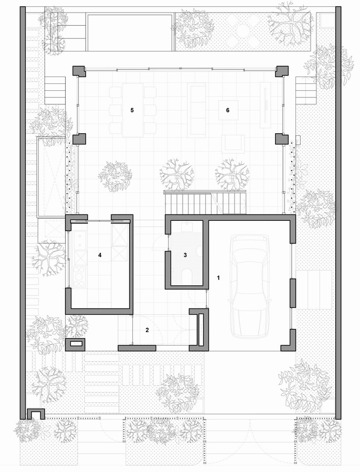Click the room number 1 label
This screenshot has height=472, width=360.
point(218,278)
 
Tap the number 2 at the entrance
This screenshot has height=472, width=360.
point(147,330)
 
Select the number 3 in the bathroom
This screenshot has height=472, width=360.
point(185,255)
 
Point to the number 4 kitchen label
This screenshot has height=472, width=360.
point(100,255)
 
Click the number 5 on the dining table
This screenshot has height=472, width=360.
point(132,110)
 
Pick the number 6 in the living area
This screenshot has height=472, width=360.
point(227,110)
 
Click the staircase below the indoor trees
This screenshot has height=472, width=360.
point(205,203)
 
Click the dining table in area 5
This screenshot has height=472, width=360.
point(133,110)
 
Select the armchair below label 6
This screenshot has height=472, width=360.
point(233,144)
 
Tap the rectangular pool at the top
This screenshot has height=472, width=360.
point(130,32)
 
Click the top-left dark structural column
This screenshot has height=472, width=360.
point(79,71)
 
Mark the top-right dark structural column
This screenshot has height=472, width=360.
point(282,71)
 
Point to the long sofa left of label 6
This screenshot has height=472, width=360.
point(196,110)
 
